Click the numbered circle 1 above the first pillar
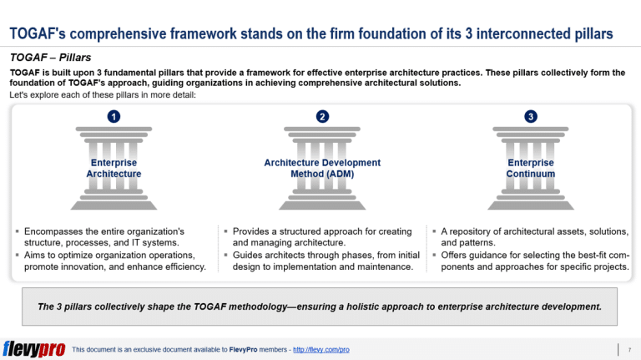114,116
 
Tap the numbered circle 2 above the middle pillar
322,116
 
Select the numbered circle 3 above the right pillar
531,116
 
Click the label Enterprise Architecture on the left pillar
114,168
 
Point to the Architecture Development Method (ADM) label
322,168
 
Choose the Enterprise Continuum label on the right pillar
531,168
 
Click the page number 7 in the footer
627,348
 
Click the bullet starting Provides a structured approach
322,236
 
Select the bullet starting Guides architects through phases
322,261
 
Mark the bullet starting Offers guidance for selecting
534,261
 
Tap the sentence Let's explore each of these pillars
103,94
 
